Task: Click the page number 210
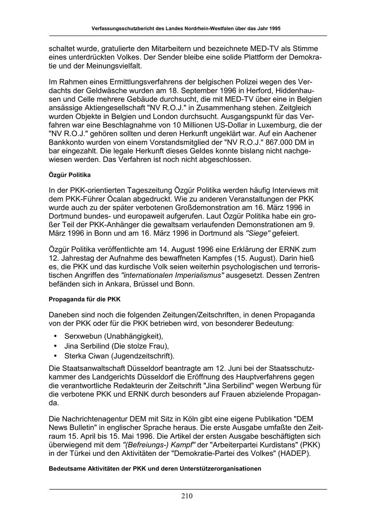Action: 186,496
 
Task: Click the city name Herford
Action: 232,90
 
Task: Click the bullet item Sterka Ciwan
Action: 119,356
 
